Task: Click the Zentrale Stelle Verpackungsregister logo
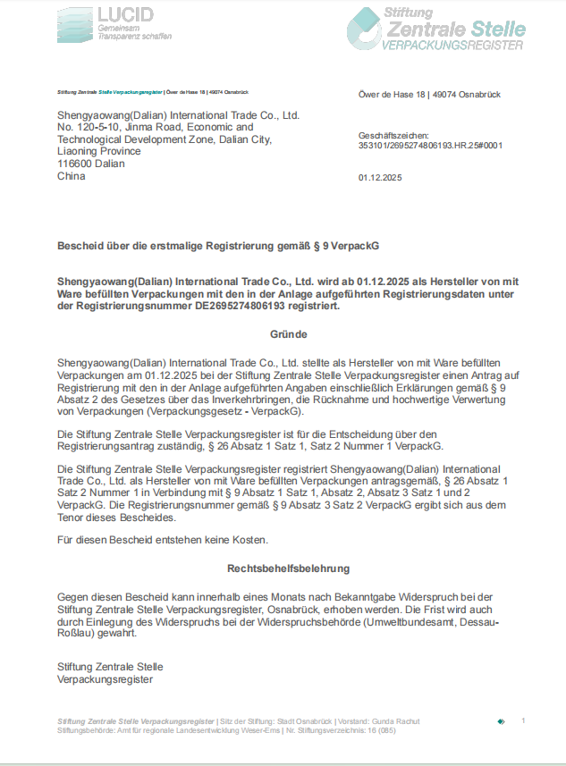(435, 29)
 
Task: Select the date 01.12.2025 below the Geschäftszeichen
(380, 178)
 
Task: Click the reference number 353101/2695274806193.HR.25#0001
(430, 144)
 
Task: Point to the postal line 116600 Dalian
(90, 164)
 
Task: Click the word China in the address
(71, 176)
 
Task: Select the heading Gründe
(288, 334)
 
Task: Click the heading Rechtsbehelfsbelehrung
(288, 568)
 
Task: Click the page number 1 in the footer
(523, 720)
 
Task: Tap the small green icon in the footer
(501, 720)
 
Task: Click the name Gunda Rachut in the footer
(394, 721)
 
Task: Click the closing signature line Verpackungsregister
(105, 679)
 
